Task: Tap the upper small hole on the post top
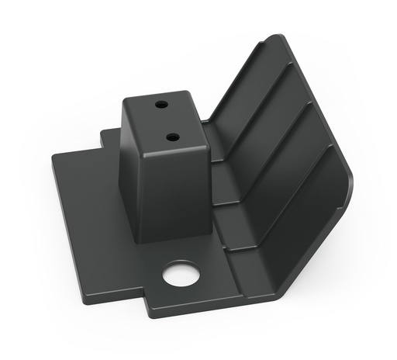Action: [161, 104]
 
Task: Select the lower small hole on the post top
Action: [172, 137]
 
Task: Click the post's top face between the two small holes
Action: [166, 120]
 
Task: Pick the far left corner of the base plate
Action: [54, 157]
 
